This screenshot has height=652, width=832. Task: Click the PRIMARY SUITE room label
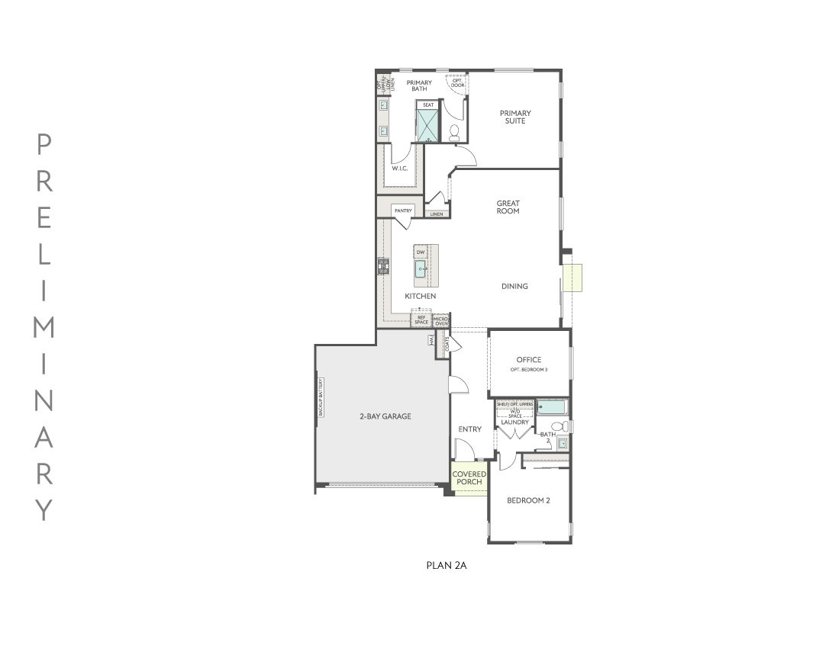515,117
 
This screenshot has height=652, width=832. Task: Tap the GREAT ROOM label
508,207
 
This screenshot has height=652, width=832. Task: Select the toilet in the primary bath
453,133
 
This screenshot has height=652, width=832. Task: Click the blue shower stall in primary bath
427,126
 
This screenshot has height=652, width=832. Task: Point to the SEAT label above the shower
428,104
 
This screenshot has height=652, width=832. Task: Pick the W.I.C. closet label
400,168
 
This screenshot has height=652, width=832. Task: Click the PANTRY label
403,210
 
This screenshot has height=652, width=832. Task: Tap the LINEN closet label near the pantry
436,214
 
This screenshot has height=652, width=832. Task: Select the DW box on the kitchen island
420,252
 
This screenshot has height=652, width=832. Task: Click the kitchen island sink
421,268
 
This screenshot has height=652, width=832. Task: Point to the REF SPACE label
421,320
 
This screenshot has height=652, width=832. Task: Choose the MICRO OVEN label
440,320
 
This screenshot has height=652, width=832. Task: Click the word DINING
514,287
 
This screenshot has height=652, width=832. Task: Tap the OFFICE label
528,360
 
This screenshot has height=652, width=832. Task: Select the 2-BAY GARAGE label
385,416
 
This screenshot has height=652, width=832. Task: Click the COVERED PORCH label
469,478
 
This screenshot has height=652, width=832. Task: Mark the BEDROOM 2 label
529,501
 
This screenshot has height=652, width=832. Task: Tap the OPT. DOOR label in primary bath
457,82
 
